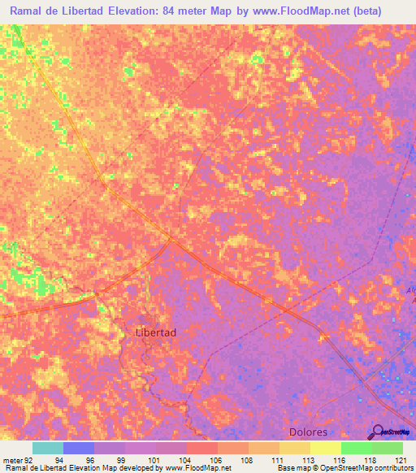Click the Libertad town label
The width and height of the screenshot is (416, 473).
coord(155,332)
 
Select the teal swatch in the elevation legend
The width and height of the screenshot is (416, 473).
coord(48,448)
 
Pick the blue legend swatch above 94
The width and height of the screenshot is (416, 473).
coord(79,448)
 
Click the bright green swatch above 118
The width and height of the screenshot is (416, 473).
coord(357,448)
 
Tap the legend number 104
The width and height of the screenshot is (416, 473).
coord(186,459)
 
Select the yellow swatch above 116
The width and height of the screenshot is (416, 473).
coord(326,448)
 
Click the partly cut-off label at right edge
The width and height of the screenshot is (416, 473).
coord(410,294)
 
